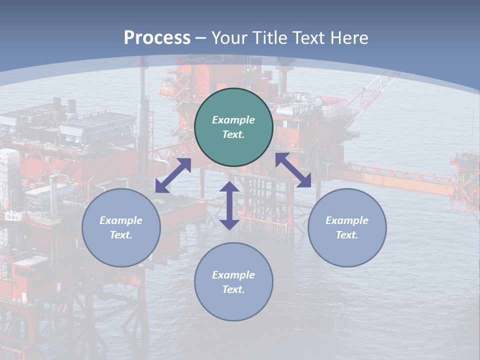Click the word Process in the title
(x=157, y=38)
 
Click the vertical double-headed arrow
(x=229, y=205)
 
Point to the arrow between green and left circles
(x=173, y=175)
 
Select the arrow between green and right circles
(x=293, y=170)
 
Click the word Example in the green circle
(x=233, y=120)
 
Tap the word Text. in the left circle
(x=121, y=235)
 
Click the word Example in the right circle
(x=347, y=220)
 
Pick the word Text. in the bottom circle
(x=233, y=289)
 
